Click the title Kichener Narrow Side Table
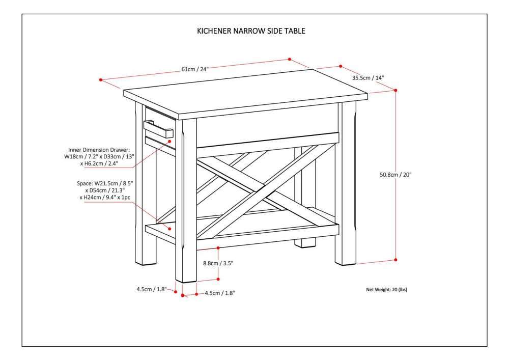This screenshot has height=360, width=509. point(251,31)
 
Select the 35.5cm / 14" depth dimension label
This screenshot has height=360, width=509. point(368,78)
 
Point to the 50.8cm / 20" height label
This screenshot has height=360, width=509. point(395,174)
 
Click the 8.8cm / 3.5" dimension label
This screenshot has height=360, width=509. point(218,263)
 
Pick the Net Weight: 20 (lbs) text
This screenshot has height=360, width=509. point(386,290)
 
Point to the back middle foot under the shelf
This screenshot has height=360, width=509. point(305,242)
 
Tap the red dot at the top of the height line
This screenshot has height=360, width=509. point(396,90)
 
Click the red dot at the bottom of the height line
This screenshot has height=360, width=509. point(396,260)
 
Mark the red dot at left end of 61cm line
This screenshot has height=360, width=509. point(101,80)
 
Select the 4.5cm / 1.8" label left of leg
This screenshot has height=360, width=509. point(151,289)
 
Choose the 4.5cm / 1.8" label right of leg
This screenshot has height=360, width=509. point(220,293)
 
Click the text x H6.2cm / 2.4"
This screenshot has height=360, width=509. point(99,164)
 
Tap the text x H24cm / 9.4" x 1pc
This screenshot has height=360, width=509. point(104,197)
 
